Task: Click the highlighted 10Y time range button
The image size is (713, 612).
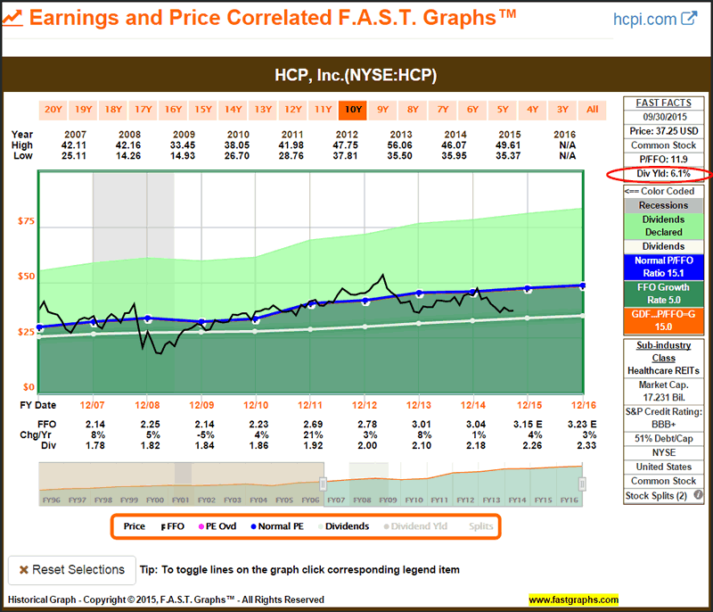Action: click(x=353, y=110)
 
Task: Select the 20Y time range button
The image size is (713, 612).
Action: click(x=53, y=110)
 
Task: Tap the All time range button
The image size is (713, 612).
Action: click(x=592, y=110)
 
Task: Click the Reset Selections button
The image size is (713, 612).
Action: click(x=72, y=569)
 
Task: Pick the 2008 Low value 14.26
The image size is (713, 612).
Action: click(x=148, y=155)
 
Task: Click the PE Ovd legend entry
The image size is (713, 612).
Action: click(x=217, y=526)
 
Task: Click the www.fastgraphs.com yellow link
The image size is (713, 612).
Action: click(x=572, y=600)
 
